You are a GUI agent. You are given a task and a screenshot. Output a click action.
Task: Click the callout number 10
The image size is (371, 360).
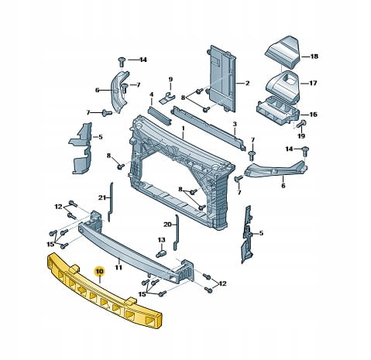click(x=100, y=272)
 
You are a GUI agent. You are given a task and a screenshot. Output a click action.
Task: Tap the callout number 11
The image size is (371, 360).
click(x=119, y=267)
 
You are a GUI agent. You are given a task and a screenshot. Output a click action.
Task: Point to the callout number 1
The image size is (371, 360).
click(x=183, y=129)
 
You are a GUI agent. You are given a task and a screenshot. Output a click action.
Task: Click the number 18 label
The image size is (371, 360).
click(x=314, y=57)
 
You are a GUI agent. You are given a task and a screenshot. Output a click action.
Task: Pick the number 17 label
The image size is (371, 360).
click(x=313, y=83)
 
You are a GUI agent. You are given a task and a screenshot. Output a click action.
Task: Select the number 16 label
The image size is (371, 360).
click(x=313, y=115)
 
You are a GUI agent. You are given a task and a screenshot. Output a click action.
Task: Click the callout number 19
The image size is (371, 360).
click(x=301, y=135)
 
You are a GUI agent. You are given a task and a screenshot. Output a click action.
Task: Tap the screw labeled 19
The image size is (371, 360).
click(x=301, y=124)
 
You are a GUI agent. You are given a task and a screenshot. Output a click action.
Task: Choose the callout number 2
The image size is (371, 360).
click(x=247, y=83)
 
